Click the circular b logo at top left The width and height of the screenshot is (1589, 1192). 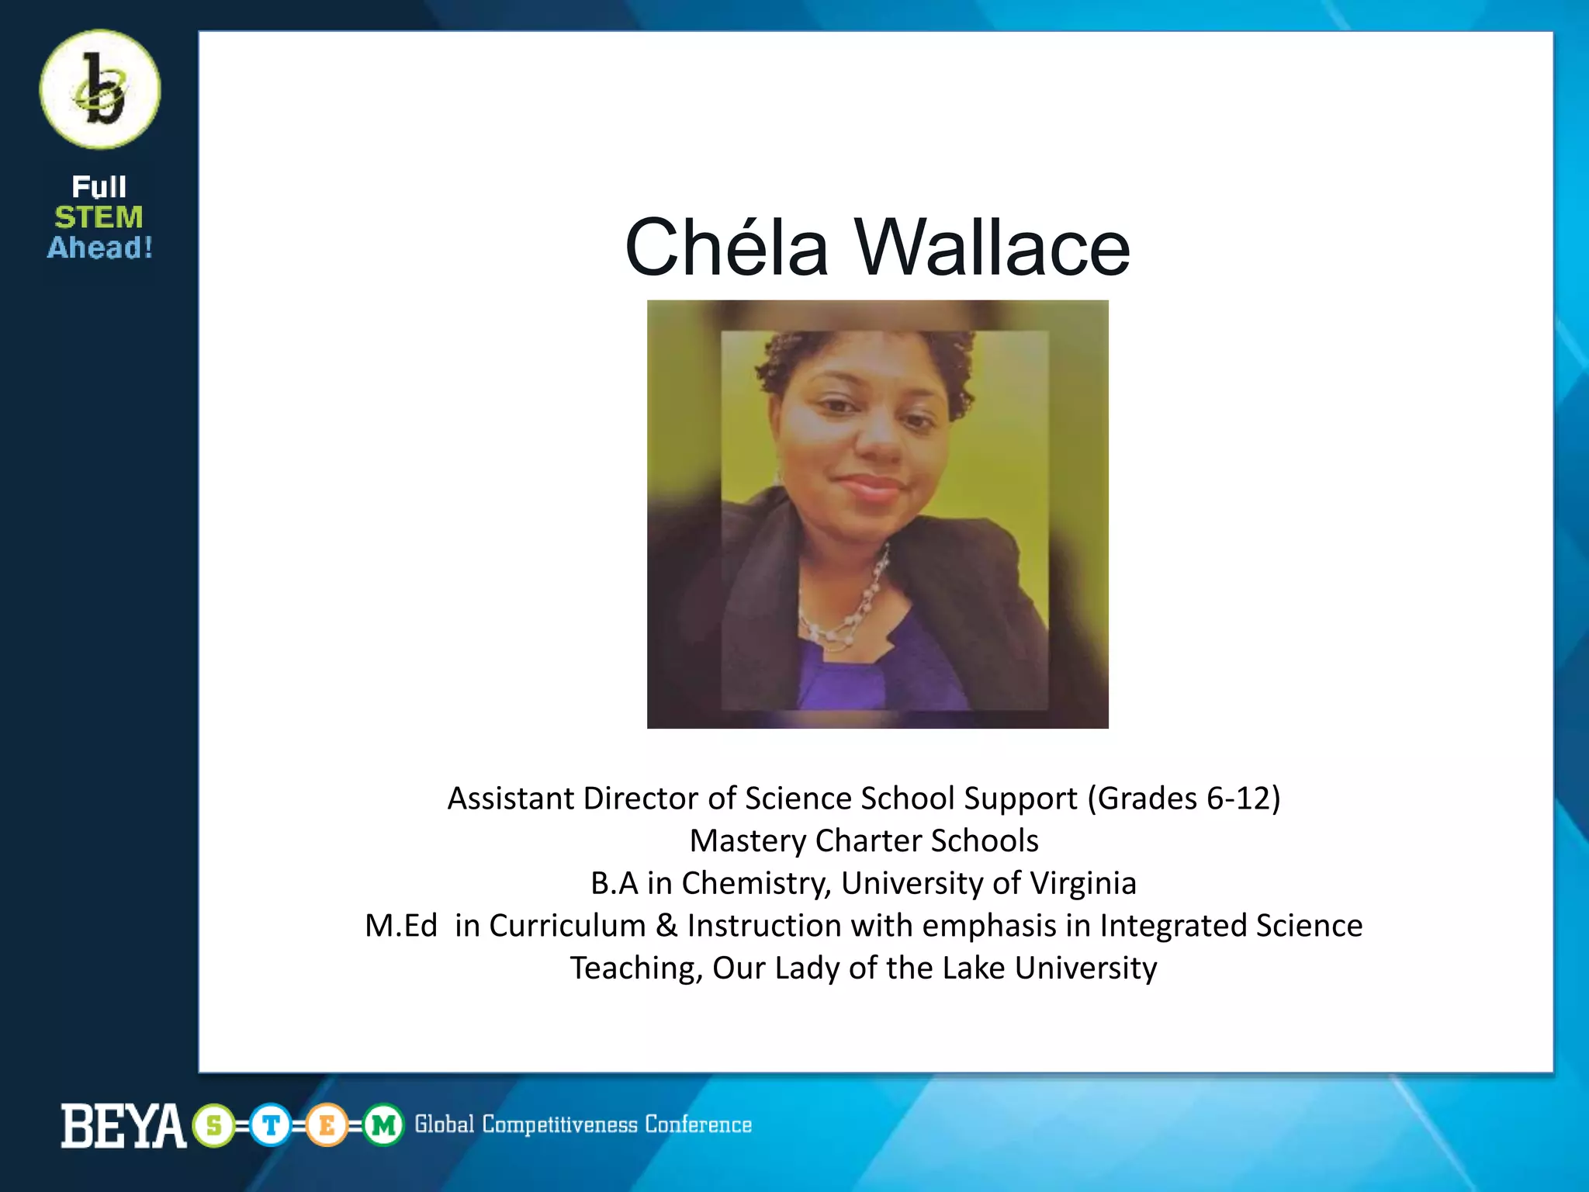100,89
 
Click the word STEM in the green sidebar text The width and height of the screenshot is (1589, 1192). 99,217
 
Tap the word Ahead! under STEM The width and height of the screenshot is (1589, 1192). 100,248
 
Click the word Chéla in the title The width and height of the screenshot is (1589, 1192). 726,248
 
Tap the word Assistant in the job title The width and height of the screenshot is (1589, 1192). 511,799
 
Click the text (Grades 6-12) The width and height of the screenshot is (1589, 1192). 1183,799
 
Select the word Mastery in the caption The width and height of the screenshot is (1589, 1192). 748,841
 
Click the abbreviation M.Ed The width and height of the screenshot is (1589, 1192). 401,926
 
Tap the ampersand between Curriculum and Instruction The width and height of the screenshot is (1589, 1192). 666,926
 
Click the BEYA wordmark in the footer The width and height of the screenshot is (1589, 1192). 123,1125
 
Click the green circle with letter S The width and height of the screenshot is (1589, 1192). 214,1125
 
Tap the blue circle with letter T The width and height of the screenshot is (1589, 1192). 271,1125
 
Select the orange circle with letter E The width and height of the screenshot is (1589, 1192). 327,1125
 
